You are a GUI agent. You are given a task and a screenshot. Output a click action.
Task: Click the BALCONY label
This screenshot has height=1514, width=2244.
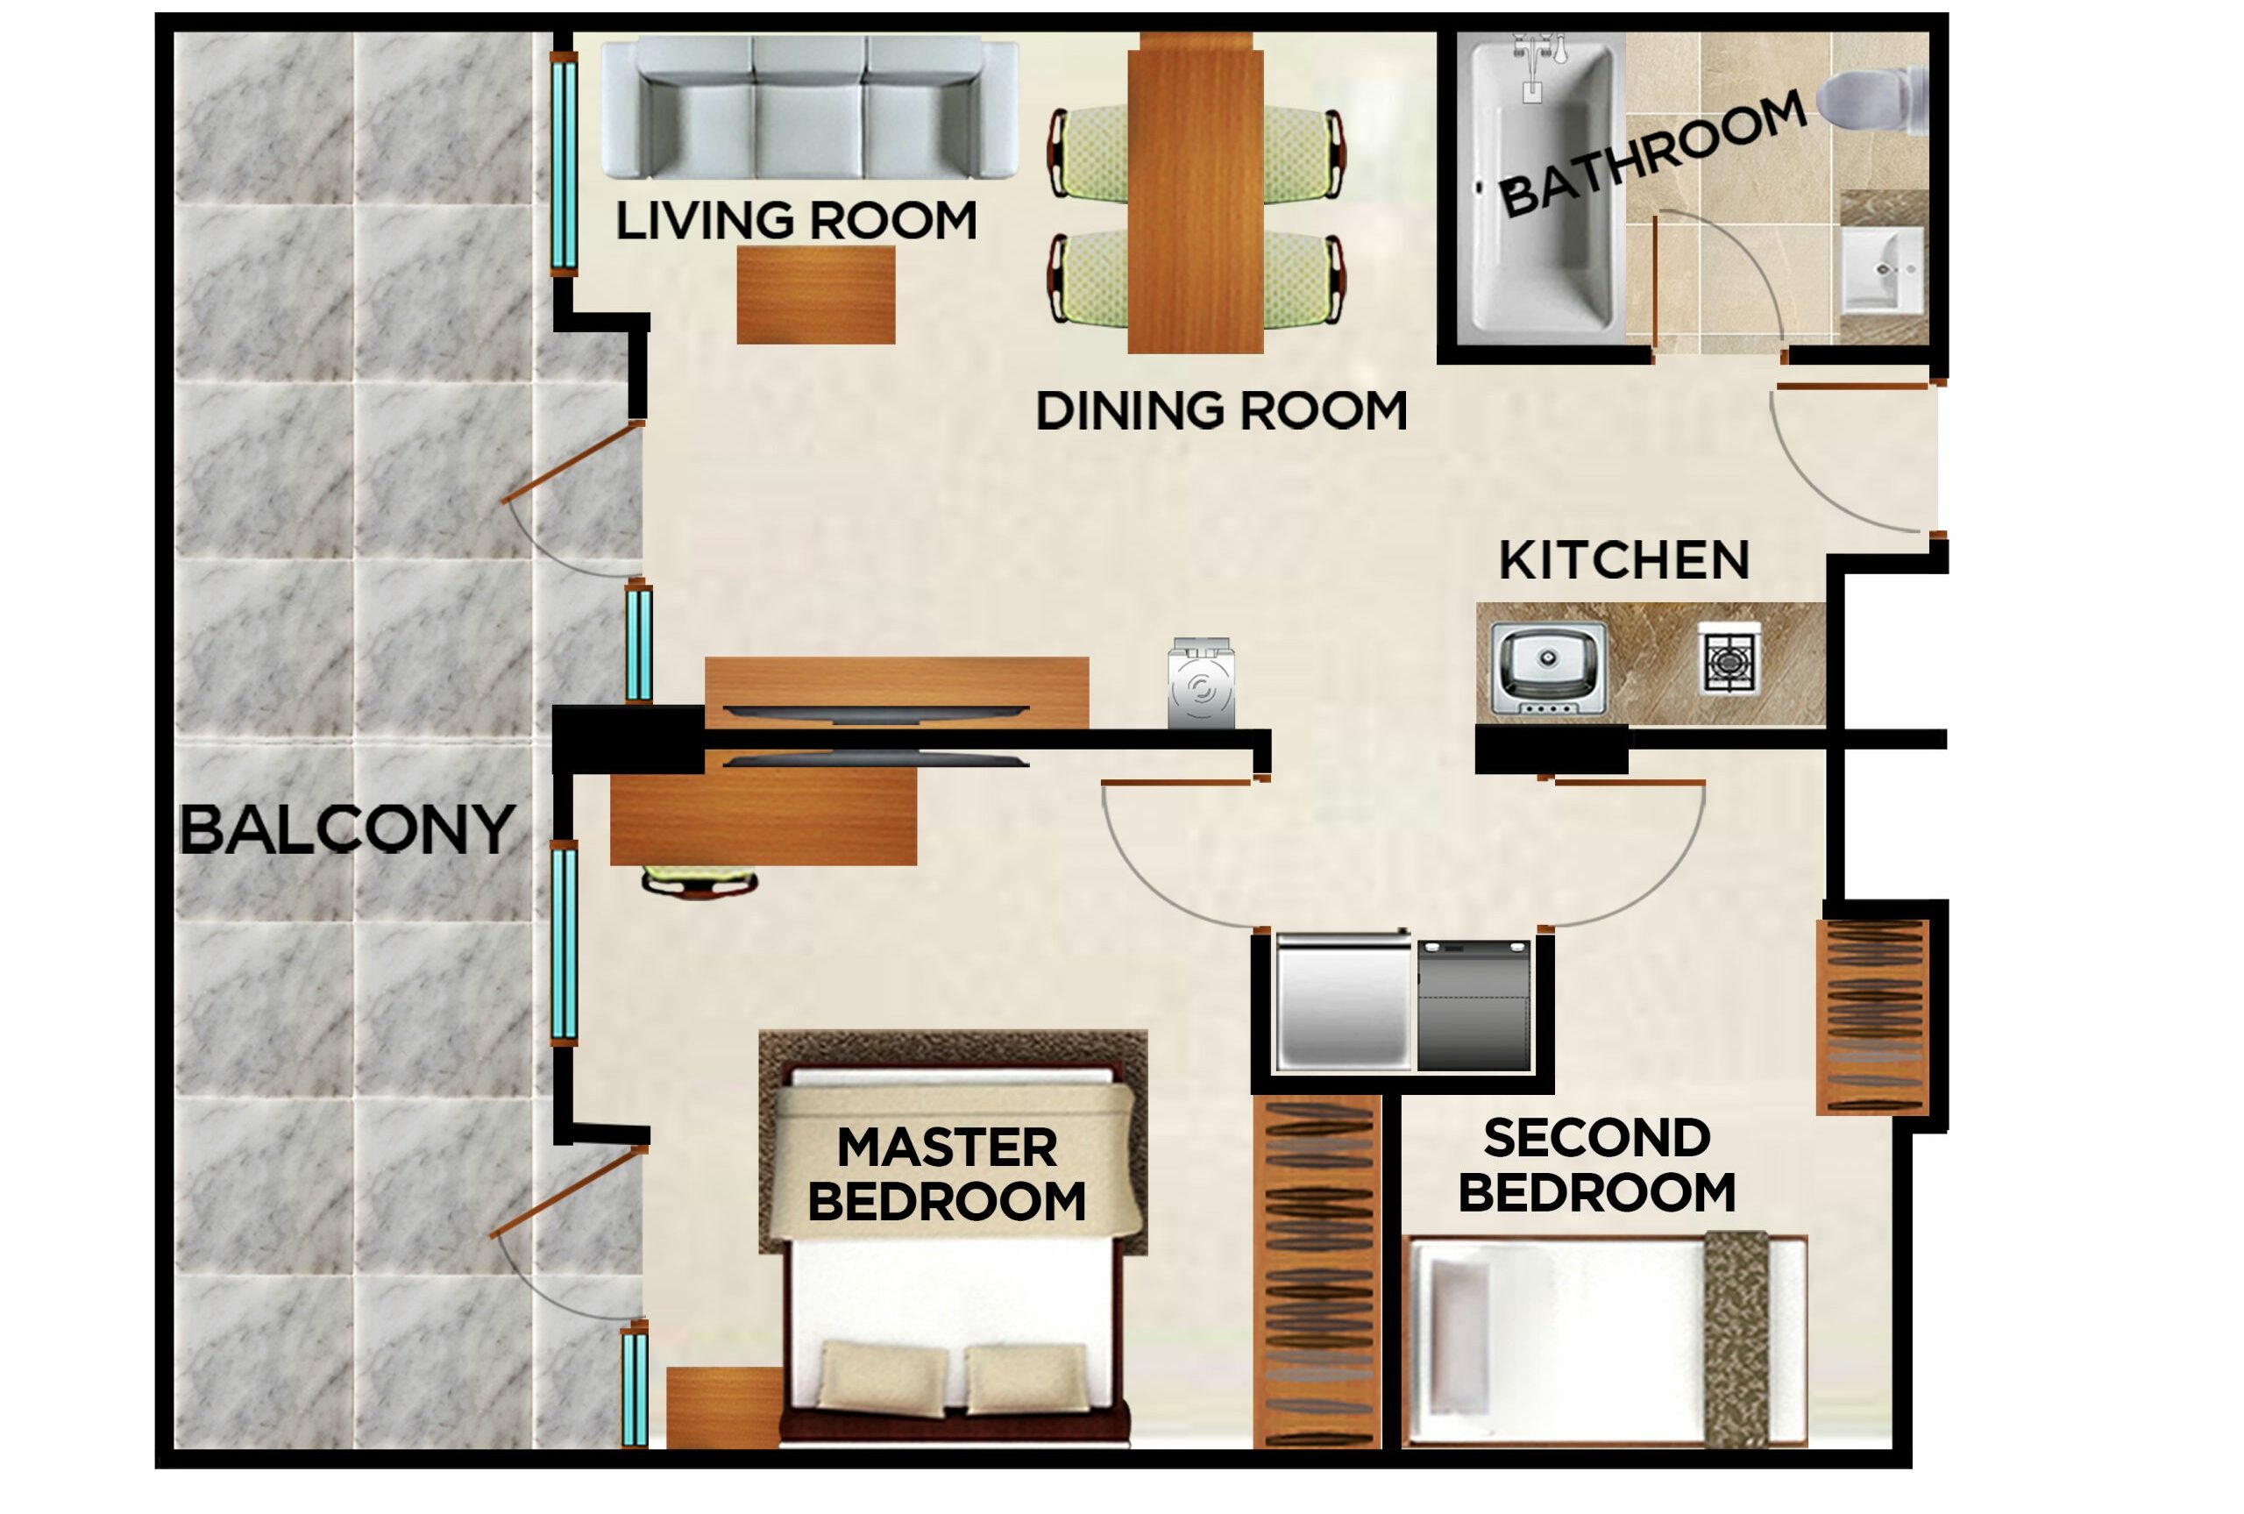pyautogui.click(x=347, y=829)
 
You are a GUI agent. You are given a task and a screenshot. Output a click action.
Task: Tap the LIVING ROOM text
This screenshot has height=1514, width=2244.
pyautogui.click(x=796, y=220)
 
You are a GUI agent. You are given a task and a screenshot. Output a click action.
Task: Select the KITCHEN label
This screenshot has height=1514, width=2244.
pyautogui.click(x=1623, y=560)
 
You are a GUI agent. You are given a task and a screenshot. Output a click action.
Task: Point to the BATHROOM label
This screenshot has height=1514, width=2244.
pyautogui.click(x=1651, y=154)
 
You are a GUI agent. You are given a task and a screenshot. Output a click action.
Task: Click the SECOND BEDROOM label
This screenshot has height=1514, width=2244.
pyautogui.click(x=1596, y=1164)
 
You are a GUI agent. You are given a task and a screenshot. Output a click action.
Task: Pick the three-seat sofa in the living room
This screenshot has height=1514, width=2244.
pyautogui.click(x=809, y=108)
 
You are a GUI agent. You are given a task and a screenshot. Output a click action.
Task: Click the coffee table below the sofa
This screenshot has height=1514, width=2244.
pyautogui.click(x=815, y=295)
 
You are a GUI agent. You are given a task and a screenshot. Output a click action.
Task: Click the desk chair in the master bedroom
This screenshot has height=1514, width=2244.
pyautogui.click(x=699, y=882)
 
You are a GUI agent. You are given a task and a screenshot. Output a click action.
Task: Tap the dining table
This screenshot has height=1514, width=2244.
pyautogui.click(x=1195, y=193)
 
